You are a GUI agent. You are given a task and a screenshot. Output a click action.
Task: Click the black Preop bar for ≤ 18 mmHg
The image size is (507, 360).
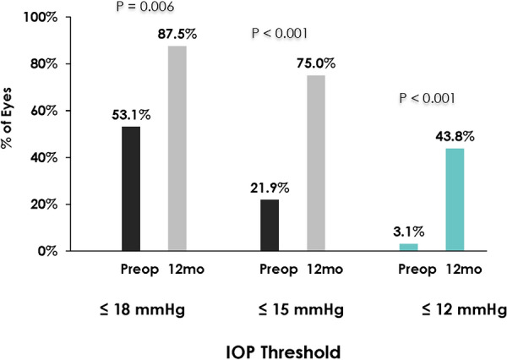(131, 188)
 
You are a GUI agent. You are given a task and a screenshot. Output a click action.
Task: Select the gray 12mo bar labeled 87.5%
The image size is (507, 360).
(177, 149)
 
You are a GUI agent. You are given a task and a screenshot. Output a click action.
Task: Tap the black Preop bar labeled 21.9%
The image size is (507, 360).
(270, 225)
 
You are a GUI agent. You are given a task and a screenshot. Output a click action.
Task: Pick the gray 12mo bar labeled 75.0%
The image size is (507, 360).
(316, 163)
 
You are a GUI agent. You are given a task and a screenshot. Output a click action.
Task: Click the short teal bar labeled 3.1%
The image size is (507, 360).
(409, 247)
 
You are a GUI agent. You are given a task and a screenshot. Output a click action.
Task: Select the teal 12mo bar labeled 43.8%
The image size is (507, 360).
(455, 199)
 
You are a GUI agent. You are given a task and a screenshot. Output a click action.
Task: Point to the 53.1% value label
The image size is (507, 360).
(131, 115)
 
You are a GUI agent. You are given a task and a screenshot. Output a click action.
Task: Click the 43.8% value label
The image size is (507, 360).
(455, 137)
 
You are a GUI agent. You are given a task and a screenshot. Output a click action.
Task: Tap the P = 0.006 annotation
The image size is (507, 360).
(145, 6)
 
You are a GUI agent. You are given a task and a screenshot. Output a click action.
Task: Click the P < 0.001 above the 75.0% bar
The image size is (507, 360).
(280, 33)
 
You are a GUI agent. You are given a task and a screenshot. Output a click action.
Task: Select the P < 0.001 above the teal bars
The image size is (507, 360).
(427, 98)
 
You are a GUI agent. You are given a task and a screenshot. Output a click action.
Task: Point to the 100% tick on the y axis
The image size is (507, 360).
(41, 17)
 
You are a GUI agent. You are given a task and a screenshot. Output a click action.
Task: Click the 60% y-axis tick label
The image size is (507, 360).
(44, 111)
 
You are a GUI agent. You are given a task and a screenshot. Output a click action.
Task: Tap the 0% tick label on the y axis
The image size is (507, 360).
(47, 251)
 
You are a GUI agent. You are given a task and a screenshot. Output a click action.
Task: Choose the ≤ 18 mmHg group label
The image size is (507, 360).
(143, 310)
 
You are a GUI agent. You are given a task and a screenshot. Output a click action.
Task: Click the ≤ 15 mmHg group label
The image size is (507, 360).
(301, 310)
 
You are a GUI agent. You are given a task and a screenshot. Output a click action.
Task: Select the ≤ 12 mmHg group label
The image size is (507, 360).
(464, 310)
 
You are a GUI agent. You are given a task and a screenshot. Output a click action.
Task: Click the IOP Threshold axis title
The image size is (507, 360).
(283, 352)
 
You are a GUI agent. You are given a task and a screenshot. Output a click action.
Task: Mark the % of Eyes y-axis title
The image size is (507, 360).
(7, 118)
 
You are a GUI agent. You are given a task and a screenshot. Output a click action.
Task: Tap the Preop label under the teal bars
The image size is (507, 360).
(417, 270)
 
